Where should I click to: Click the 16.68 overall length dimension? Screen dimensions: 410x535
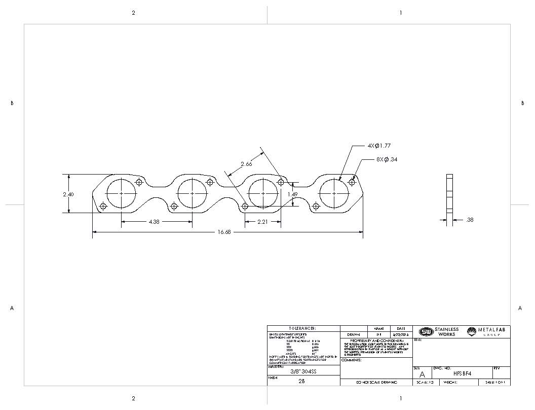tap(224, 232)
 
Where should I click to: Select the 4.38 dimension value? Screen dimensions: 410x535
tap(155, 222)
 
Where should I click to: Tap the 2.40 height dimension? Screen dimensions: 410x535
tap(68, 194)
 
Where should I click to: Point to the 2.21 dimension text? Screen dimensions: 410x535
tap(263, 222)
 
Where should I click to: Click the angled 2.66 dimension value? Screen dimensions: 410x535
tap(246, 164)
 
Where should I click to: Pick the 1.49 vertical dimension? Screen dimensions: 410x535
tap(292, 194)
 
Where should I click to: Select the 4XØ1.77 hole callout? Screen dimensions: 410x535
tap(379, 146)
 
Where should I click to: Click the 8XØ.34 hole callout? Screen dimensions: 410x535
tap(387, 159)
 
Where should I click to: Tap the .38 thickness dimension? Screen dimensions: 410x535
tap(469, 220)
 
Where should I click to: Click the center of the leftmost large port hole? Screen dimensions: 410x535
tap(121, 193)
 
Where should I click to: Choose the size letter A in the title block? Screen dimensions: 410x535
tap(423, 374)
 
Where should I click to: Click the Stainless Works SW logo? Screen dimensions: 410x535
tap(426, 332)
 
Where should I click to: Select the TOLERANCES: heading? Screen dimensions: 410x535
tap(302, 328)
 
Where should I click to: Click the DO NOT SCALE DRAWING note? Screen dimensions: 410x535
tap(377, 382)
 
